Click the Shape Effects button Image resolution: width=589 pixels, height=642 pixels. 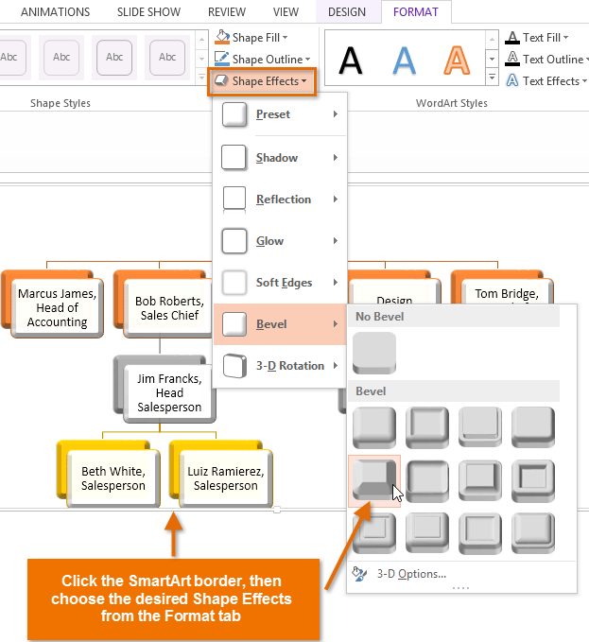tap(262, 81)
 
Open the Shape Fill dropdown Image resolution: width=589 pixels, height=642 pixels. tap(252, 37)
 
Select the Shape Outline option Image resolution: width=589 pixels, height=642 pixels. tap(260, 59)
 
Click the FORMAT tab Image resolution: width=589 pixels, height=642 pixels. tap(416, 12)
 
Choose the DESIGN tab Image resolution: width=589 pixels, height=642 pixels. tap(347, 12)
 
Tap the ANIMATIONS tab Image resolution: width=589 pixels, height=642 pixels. tap(56, 12)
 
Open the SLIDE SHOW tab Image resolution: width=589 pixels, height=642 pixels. tap(149, 12)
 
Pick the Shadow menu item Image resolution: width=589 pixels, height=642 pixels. tap(277, 158)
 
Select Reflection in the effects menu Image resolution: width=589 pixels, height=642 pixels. tap(283, 200)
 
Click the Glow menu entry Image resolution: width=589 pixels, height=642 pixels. tap(269, 241)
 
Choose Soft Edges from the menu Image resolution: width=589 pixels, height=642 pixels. tap(284, 283)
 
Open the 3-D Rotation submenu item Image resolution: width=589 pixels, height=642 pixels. tap(289, 366)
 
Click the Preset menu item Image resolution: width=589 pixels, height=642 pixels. tap(273, 114)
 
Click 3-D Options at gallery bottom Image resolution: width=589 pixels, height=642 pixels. tap(411, 573)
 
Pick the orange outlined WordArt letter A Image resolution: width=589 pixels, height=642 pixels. tap(458, 60)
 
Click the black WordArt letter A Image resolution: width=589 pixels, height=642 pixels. tap(351, 60)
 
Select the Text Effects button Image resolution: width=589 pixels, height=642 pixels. tap(544, 81)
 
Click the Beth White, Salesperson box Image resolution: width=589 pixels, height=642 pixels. tap(113, 477)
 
